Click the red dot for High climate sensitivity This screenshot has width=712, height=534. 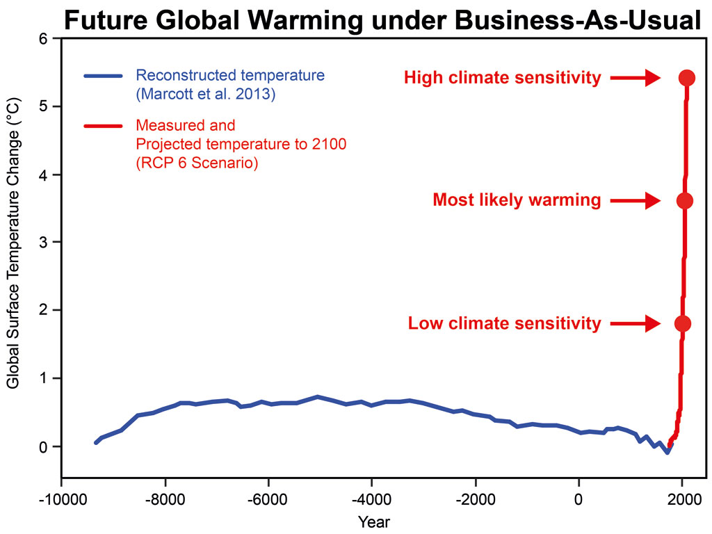tap(687, 78)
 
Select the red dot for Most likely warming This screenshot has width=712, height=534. tap(684, 201)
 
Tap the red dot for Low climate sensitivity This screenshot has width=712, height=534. tap(683, 323)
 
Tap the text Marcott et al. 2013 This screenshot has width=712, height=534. tap(206, 94)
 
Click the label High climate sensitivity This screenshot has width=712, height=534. tap(502, 78)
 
